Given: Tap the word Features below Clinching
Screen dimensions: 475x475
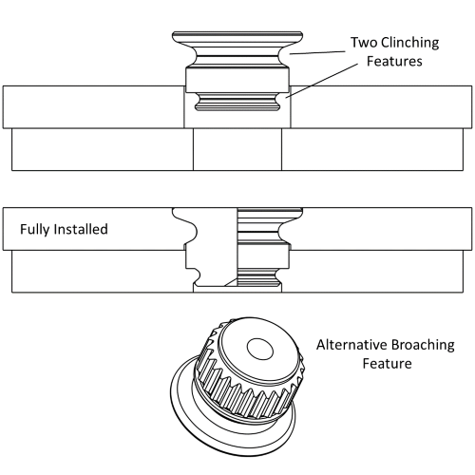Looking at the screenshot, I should (394, 63).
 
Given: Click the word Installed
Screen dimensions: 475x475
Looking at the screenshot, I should (83, 229).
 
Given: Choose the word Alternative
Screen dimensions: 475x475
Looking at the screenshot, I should (354, 345).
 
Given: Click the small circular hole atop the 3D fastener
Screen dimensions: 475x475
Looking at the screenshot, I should (256, 349).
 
